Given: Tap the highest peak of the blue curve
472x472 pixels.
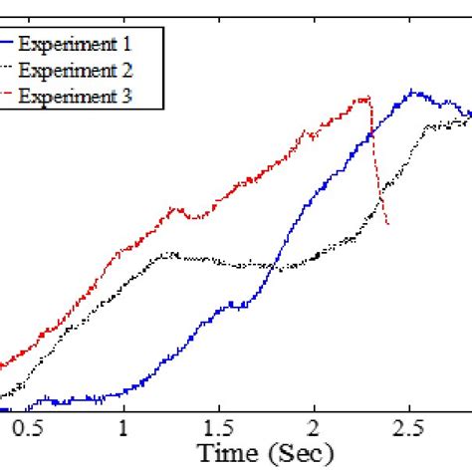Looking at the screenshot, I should (409, 91).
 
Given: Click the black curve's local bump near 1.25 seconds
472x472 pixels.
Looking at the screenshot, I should (170, 254).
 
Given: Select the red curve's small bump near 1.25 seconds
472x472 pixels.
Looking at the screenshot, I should (175, 208).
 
